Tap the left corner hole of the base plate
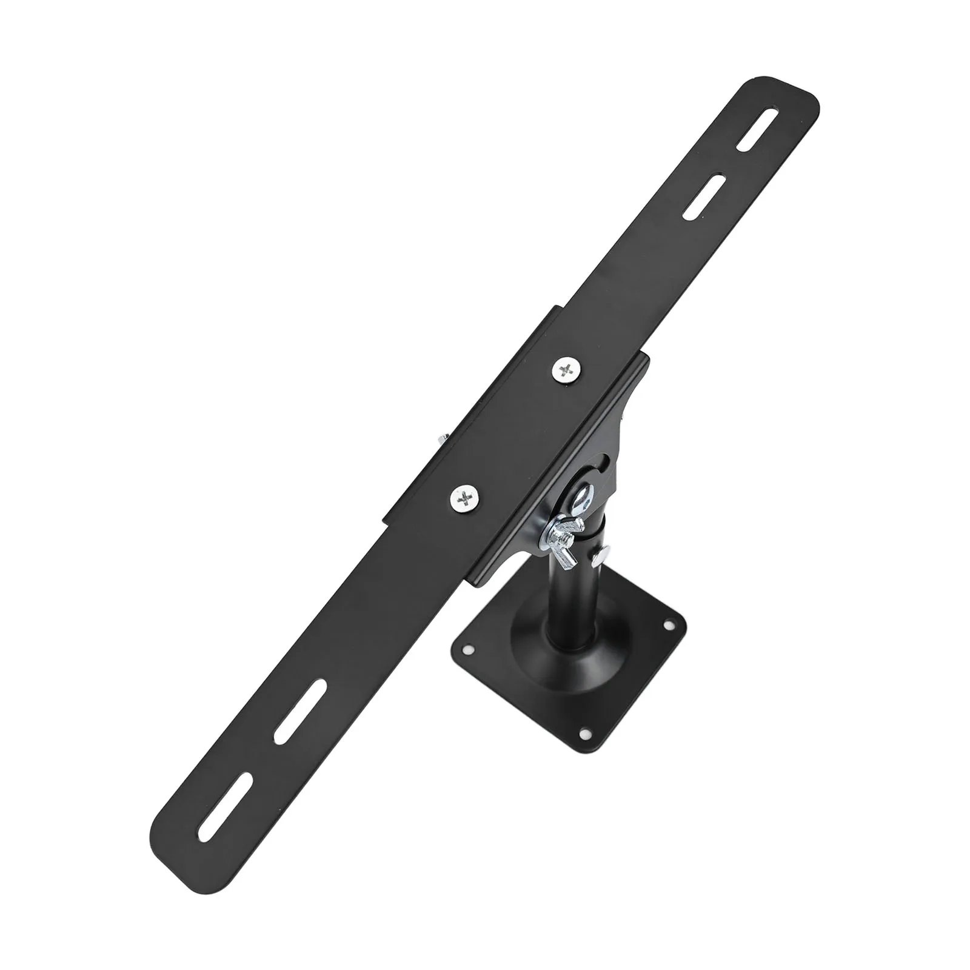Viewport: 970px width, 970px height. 469,650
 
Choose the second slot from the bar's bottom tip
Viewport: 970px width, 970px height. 300,711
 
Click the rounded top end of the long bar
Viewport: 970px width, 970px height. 782,91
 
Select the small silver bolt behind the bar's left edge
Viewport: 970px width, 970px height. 441,439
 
